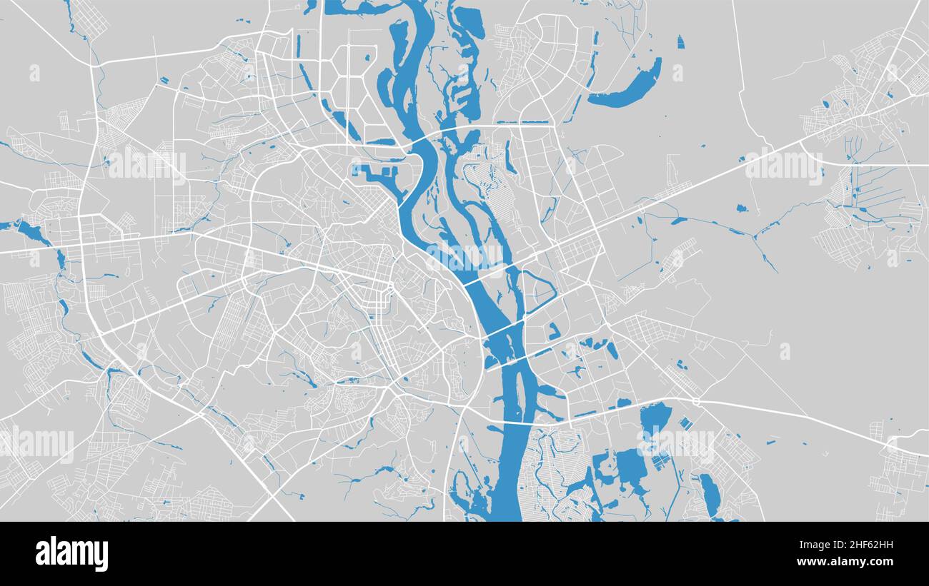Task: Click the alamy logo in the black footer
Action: pos(72,554)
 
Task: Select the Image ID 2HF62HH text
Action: pos(858,545)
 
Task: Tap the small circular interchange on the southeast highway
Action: pos(696,402)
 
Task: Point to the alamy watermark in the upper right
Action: pos(784,166)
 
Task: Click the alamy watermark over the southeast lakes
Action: pos(675,444)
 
